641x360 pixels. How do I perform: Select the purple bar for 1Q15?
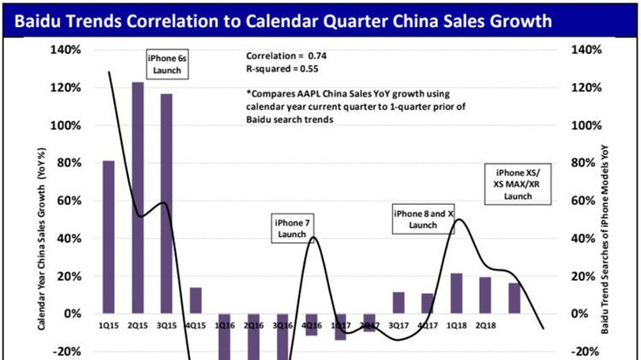(108, 237)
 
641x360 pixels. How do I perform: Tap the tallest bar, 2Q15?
(138, 198)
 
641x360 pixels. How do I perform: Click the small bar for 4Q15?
(195, 300)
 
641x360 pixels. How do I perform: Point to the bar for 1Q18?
(456, 293)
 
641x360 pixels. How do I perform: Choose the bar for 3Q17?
(398, 302)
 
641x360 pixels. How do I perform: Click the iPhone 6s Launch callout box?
(165, 64)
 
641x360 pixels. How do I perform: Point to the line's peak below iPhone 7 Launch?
(314, 237)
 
